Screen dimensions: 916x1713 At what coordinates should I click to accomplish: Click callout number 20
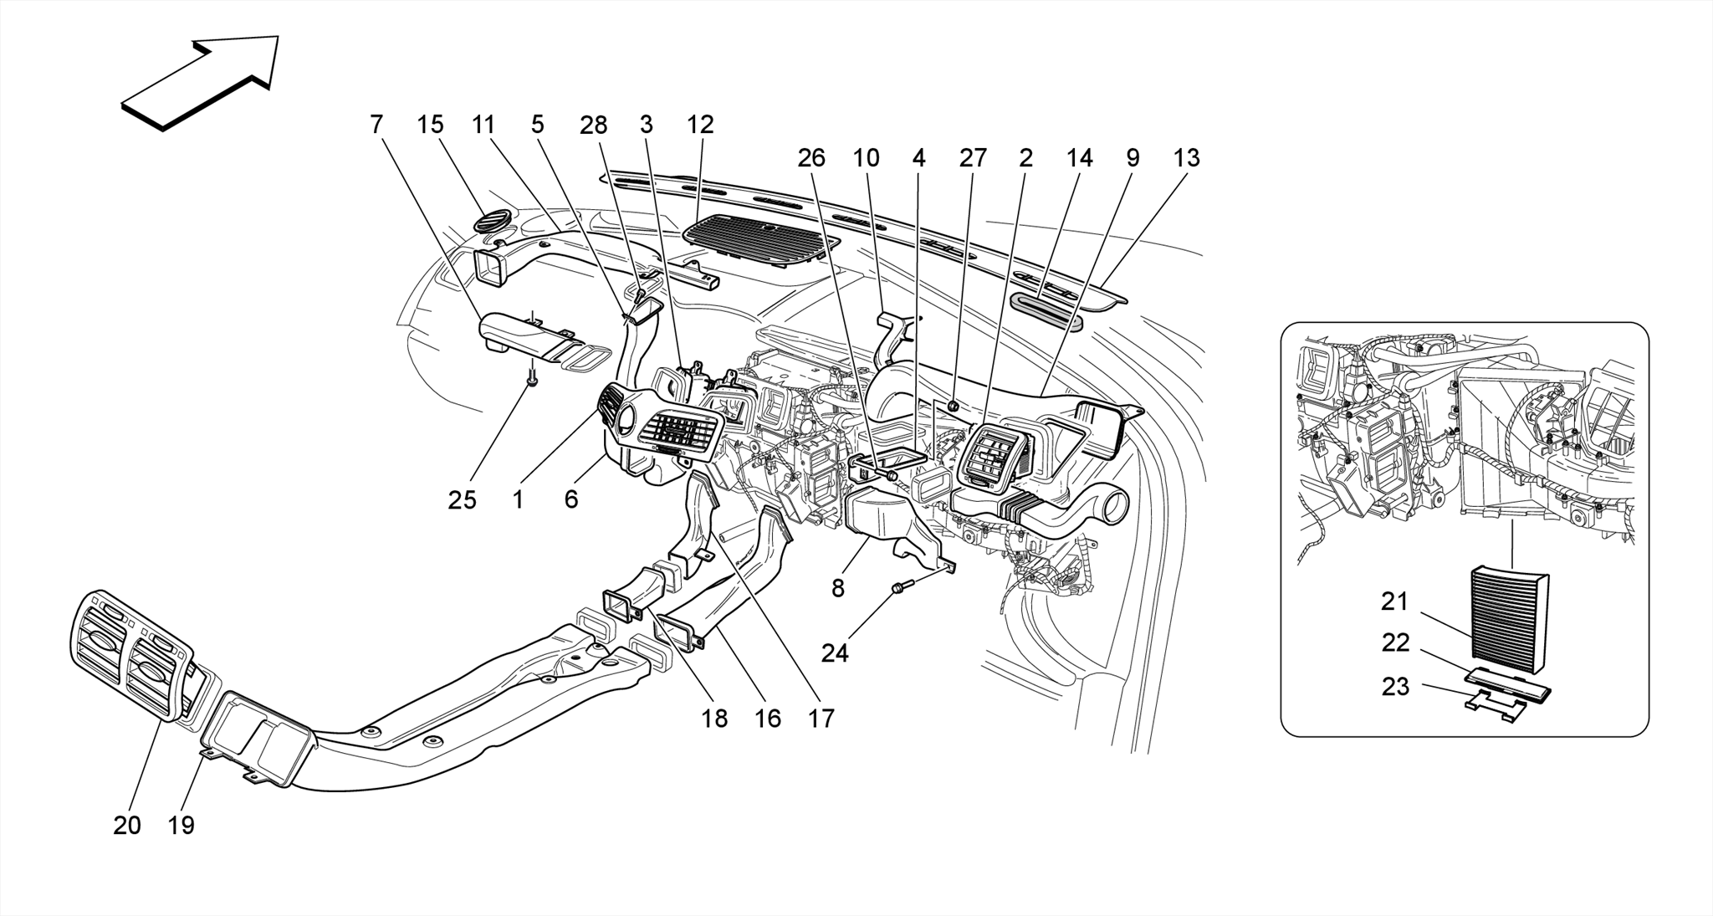(x=127, y=826)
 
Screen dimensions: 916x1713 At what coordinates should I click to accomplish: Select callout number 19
(x=181, y=826)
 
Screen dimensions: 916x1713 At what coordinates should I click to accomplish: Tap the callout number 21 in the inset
(x=1394, y=601)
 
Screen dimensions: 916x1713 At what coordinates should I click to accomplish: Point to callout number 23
(x=1394, y=687)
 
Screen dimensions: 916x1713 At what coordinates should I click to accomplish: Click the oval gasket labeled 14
(x=1046, y=309)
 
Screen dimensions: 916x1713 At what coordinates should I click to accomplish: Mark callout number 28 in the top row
(x=593, y=125)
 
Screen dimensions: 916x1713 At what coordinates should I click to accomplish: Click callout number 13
(x=1186, y=158)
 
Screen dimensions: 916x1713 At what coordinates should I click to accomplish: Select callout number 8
(x=837, y=588)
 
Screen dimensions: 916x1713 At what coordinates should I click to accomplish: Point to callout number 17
(x=821, y=718)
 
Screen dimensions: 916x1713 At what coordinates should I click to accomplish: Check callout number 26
(x=810, y=158)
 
